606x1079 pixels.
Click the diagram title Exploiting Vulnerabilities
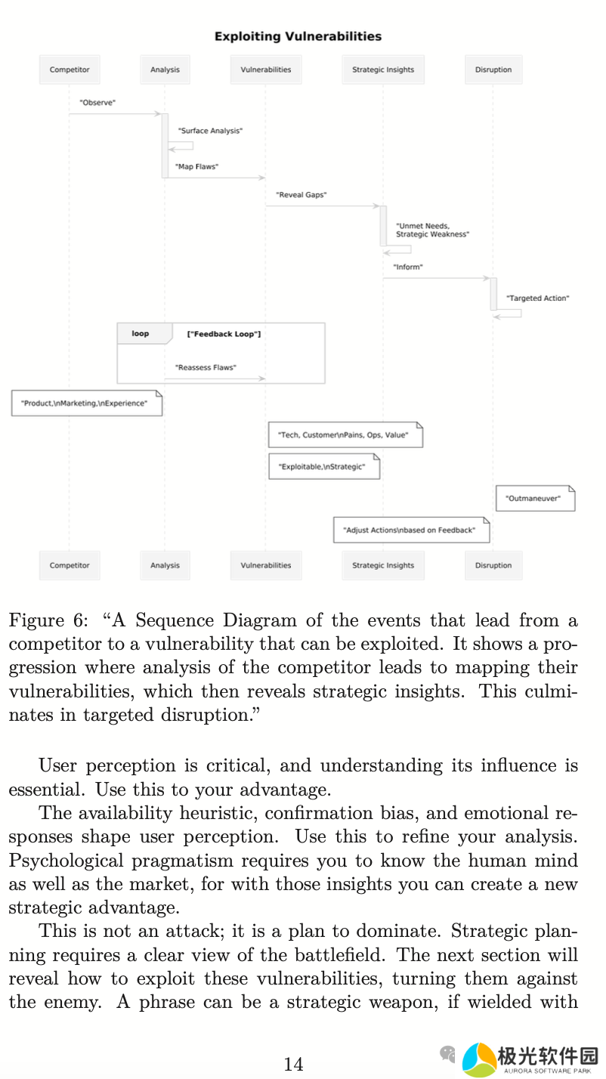[298, 36]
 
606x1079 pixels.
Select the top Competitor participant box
[70, 70]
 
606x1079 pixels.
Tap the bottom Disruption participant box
[493, 565]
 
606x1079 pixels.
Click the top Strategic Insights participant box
[383, 70]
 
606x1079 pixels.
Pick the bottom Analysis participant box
[165, 565]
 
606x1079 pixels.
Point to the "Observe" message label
[97, 102]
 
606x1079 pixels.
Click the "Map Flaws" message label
[196, 166]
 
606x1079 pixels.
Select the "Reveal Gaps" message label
[301, 195]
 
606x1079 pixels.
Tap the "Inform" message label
[407, 267]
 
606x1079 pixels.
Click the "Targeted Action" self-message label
[537, 298]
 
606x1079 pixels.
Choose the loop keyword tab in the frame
[141, 333]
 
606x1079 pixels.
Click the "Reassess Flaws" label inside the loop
[206, 368]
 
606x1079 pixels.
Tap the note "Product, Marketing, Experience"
[86, 403]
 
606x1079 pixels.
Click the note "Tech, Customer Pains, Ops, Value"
[345, 435]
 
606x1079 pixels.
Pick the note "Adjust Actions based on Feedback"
[411, 530]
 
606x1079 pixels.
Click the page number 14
[293, 1065]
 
